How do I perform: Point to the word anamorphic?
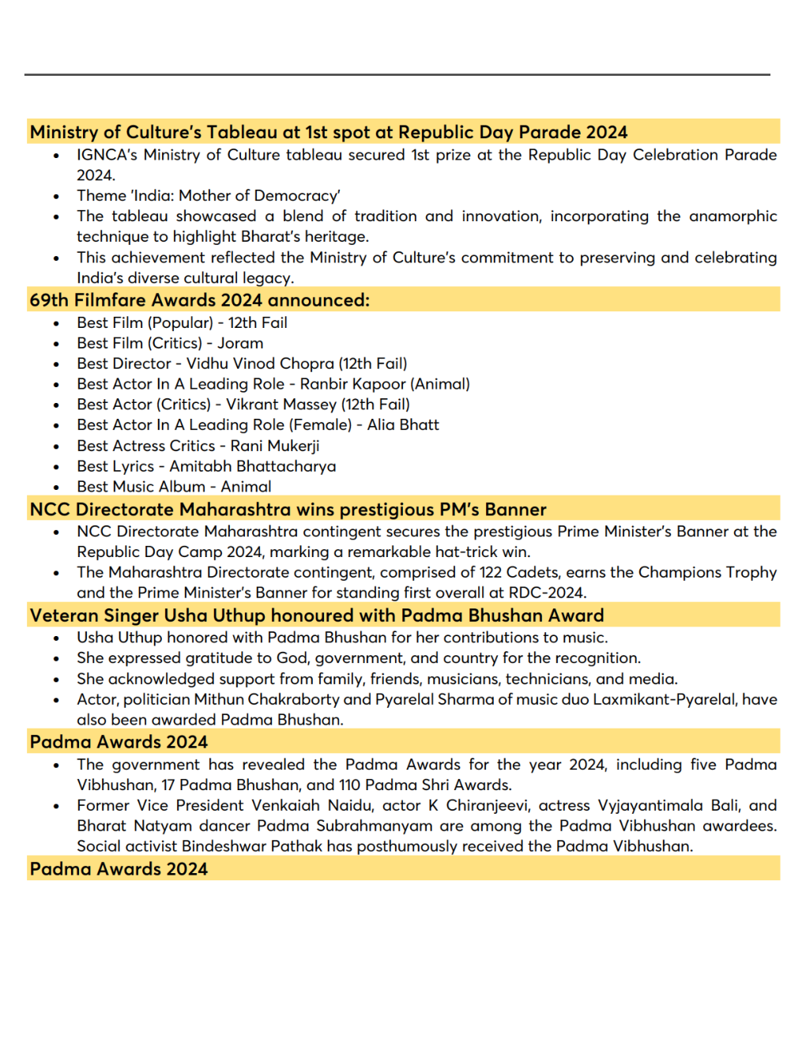[x=733, y=216]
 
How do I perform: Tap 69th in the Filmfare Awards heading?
[x=49, y=300]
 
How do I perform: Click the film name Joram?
[x=240, y=343]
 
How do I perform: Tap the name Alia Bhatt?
[x=403, y=425]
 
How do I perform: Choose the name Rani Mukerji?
[x=275, y=446]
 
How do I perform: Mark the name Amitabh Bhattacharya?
[x=253, y=466]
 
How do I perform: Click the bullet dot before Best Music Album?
[x=56, y=488]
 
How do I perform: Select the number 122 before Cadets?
[x=490, y=572]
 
